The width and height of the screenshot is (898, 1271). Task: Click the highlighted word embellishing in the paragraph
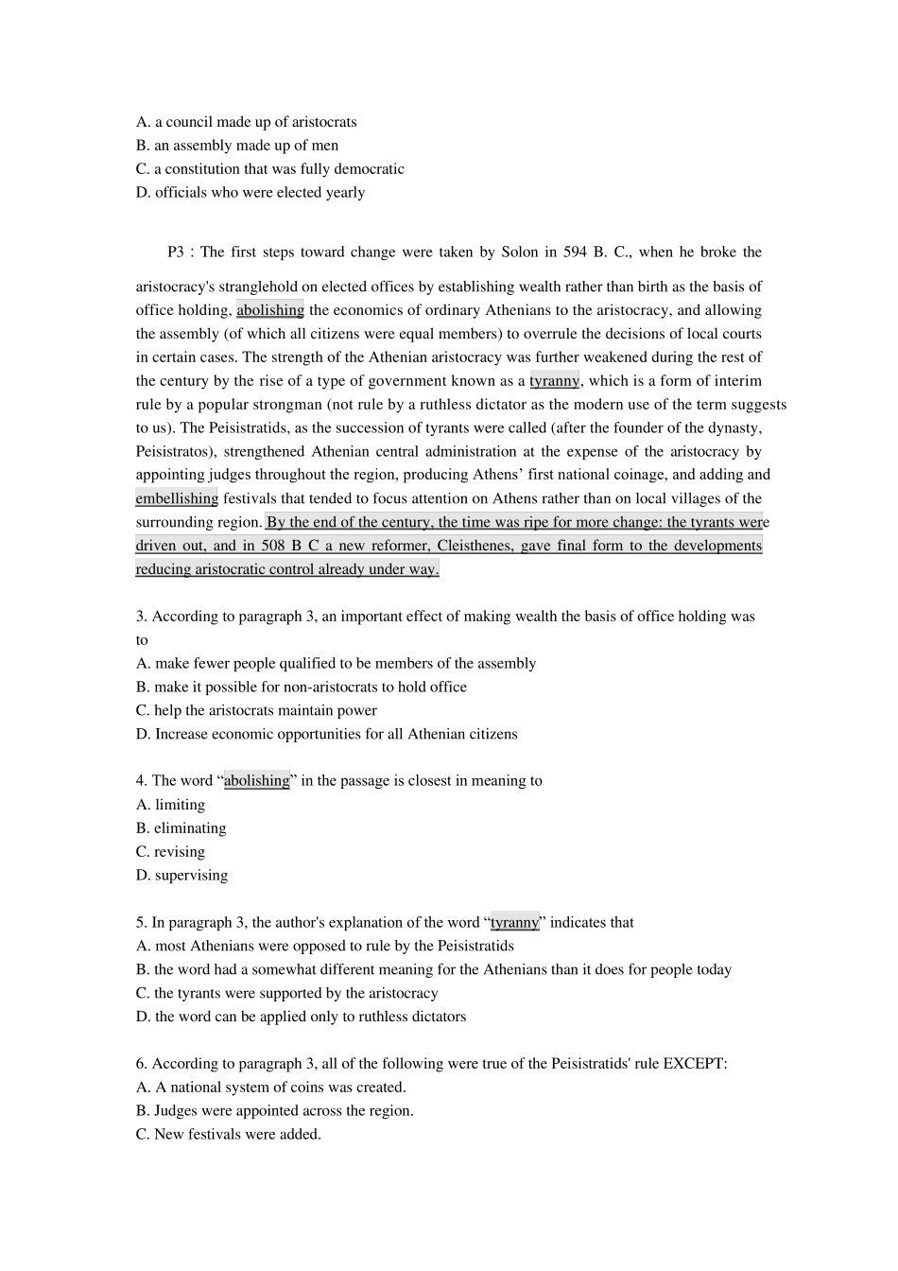(177, 498)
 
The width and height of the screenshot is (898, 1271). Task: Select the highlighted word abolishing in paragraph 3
(270, 310)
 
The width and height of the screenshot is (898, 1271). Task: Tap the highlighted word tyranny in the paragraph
(554, 381)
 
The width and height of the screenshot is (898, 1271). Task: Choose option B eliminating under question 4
(181, 828)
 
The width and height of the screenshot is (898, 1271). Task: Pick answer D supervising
(181, 876)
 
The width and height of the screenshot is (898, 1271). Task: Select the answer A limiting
(170, 805)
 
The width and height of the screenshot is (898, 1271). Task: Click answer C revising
(170, 852)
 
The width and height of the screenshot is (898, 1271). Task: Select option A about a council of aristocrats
(246, 122)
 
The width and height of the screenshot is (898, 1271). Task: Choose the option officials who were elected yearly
(250, 193)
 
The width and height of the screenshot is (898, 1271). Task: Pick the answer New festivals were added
(228, 1135)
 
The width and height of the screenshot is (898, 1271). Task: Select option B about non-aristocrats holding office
(301, 688)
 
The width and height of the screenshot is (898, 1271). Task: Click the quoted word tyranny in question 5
(514, 923)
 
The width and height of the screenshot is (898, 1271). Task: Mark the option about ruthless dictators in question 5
(301, 1018)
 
